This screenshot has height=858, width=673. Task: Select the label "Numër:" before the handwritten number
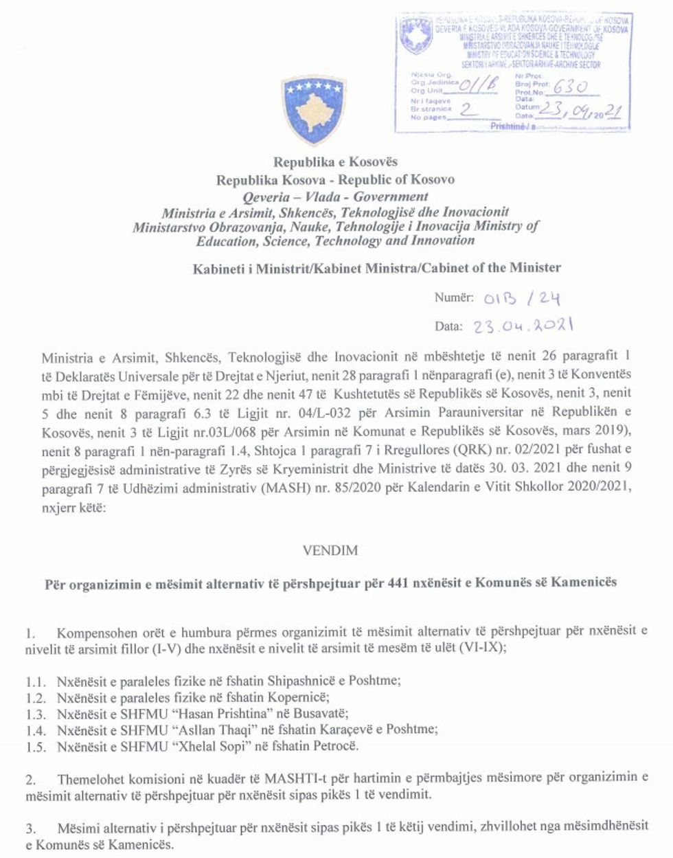453,297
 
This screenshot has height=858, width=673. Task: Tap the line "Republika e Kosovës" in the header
335,163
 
